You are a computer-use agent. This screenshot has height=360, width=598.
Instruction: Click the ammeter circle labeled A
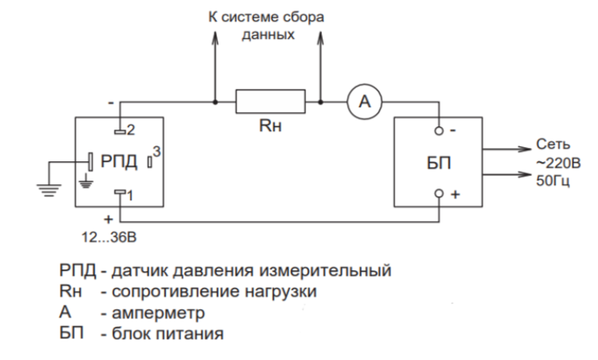[364, 102]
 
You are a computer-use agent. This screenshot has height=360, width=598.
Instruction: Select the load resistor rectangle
[270, 102]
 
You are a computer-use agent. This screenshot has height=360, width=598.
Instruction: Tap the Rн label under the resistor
[270, 126]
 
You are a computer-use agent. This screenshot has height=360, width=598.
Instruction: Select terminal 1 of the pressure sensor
[120, 193]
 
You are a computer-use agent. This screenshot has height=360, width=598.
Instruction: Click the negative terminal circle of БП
[437, 130]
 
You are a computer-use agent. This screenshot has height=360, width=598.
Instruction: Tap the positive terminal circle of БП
[437, 194]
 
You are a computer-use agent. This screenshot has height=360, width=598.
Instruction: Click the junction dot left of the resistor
[216, 102]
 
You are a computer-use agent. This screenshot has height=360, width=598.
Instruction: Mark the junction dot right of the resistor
[320, 102]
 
